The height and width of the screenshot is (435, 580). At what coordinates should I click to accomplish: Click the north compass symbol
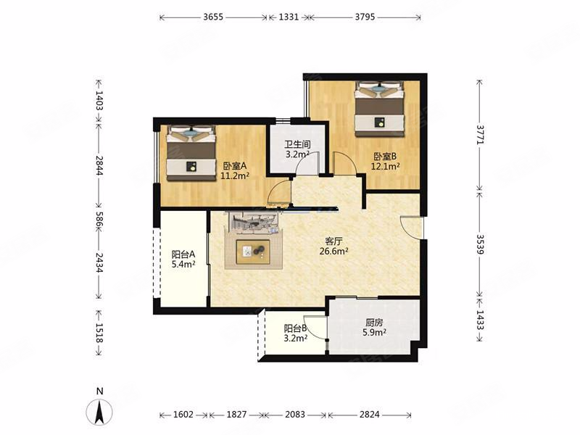pyautogui.click(x=99, y=411)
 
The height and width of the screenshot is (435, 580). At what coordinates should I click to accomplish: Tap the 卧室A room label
pyautogui.click(x=234, y=166)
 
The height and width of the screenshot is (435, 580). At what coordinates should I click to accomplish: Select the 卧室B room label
pyautogui.click(x=385, y=157)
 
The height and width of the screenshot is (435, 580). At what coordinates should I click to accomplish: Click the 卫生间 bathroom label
pyautogui.click(x=297, y=144)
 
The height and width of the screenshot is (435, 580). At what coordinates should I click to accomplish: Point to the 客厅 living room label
pyautogui.click(x=333, y=241)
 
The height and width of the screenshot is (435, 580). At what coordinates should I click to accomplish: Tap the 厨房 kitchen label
pyautogui.click(x=374, y=322)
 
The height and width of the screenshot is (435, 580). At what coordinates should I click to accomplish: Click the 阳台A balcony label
pyautogui.click(x=183, y=254)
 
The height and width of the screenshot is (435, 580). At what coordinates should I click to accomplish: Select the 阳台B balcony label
pyautogui.click(x=295, y=328)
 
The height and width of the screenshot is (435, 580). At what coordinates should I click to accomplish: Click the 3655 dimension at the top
pyautogui.click(x=213, y=17)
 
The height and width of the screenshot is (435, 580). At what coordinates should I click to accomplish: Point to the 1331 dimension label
pyautogui.click(x=289, y=17)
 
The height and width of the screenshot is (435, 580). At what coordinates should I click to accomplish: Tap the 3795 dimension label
pyautogui.click(x=365, y=17)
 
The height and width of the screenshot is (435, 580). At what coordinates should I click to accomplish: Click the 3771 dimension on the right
pyautogui.click(x=480, y=134)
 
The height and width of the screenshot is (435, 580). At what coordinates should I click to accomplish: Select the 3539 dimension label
pyautogui.click(x=480, y=244)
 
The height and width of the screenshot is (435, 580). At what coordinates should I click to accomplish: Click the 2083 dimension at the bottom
pyautogui.click(x=295, y=415)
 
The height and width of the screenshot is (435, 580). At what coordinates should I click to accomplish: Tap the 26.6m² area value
pyautogui.click(x=333, y=252)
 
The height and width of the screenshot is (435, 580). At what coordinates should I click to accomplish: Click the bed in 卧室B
pyautogui.click(x=378, y=109)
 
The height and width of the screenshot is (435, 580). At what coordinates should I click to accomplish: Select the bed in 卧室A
pyautogui.click(x=191, y=153)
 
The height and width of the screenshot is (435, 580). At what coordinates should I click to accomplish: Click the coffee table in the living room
pyautogui.click(x=253, y=252)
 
